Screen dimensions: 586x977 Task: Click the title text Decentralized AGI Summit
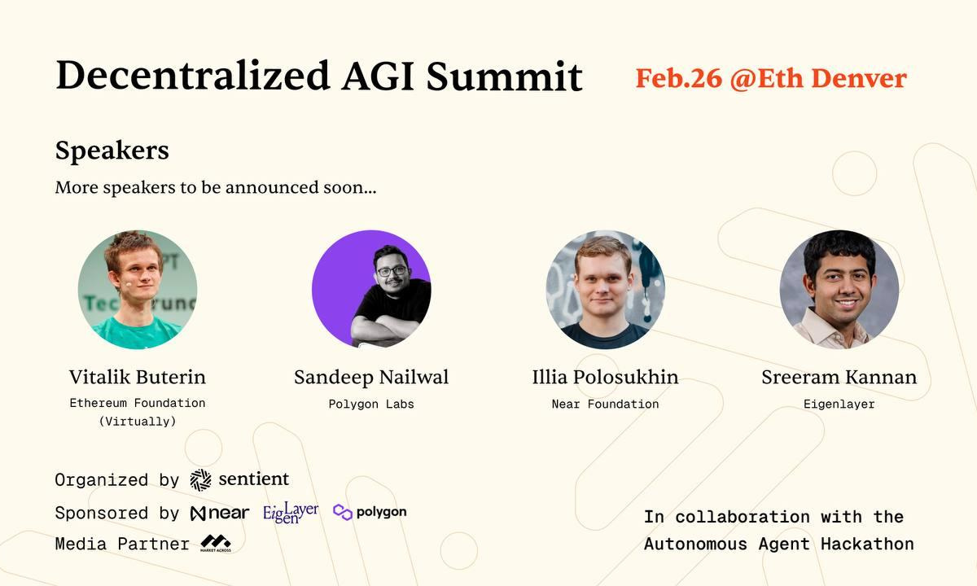click(318, 76)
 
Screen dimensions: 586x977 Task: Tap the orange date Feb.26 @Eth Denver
click(770, 78)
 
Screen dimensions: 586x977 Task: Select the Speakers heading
click(112, 151)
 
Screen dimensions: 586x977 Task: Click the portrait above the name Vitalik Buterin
click(138, 289)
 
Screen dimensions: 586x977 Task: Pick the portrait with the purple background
click(371, 289)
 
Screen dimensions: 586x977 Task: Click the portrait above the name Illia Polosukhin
click(605, 289)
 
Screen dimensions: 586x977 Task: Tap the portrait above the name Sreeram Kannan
click(839, 289)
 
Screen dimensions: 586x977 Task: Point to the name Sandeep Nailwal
click(371, 378)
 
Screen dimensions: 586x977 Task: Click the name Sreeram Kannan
click(839, 378)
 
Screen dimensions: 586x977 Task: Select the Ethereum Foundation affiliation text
click(138, 403)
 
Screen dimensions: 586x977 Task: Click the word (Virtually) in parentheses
click(138, 421)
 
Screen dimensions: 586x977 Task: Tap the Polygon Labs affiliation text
click(371, 404)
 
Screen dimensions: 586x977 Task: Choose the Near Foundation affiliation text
click(605, 404)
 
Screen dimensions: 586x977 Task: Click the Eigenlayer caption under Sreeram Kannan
click(839, 404)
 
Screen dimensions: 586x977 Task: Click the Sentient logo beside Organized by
click(239, 479)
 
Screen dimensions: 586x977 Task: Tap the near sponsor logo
click(220, 514)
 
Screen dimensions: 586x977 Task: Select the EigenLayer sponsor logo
click(291, 513)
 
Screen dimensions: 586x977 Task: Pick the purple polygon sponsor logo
click(370, 512)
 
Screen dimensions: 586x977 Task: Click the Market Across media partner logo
click(216, 544)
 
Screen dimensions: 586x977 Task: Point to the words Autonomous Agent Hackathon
click(778, 544)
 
